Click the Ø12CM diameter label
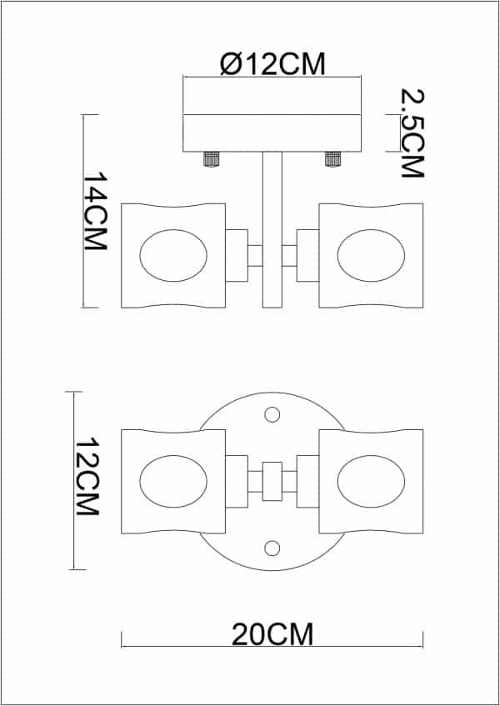272,64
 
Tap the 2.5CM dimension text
412,133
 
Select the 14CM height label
94,212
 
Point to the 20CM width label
272,635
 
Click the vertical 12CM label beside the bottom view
87,477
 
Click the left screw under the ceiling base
211,159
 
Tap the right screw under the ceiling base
332,159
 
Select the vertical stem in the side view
272,229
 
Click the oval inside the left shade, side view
173,256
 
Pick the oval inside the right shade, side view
371,256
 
